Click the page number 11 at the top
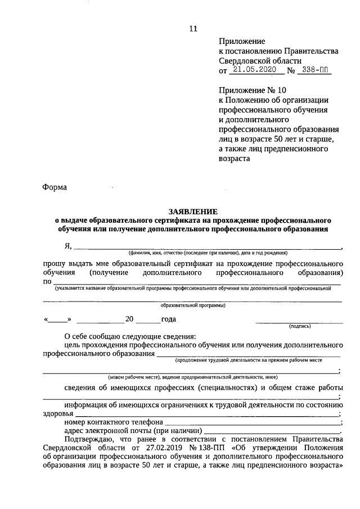click(193, 28)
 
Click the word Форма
click(55, 188)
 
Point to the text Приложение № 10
click(253, 90)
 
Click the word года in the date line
click(169, 319)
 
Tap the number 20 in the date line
click(129, 319)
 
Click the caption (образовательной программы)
click(193, 306)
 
